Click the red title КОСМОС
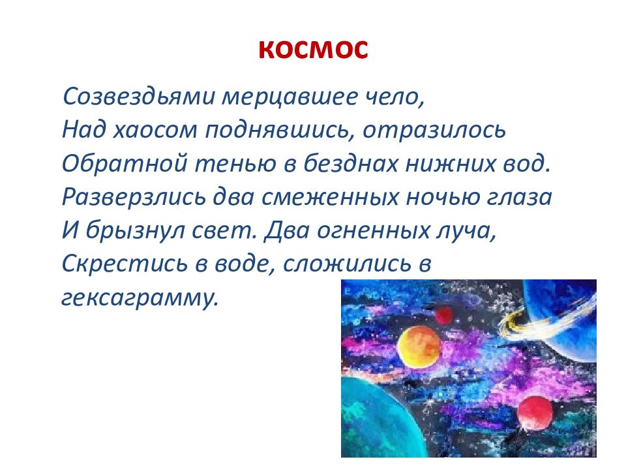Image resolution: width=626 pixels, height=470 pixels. [312, 50]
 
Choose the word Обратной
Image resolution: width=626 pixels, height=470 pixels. [122, 163]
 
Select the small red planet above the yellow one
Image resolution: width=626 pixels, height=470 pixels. [444, 316]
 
